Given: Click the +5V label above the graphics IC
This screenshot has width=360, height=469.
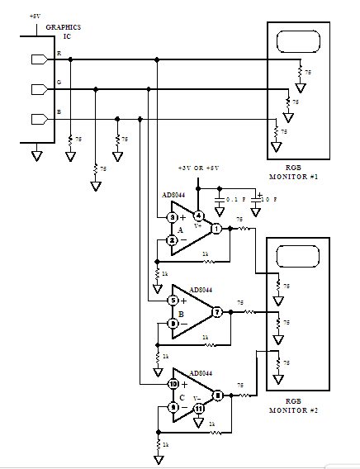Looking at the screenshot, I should pos(34,16).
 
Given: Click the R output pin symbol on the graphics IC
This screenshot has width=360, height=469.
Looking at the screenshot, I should pos(38,59).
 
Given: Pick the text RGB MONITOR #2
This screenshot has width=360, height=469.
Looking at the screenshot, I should pos(297,405).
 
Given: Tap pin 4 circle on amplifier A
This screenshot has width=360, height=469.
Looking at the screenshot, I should pos(197,216).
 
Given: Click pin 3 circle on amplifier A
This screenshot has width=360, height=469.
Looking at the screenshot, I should pos(173,217).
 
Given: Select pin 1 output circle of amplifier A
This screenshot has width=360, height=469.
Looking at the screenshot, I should pos(216,229).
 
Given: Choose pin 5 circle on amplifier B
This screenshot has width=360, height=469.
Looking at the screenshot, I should pos(173,301).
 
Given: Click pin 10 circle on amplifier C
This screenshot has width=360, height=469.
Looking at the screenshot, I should pos(173,384).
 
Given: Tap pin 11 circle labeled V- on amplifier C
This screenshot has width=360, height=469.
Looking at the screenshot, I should pos(198,408).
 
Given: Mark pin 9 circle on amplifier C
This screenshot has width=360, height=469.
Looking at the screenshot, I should pos(173,407).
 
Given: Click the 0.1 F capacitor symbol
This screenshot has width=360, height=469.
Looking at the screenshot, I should pos(220,200).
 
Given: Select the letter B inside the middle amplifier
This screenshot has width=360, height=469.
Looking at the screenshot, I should pos(180,313).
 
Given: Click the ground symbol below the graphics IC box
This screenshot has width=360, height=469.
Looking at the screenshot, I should pos(36,154).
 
